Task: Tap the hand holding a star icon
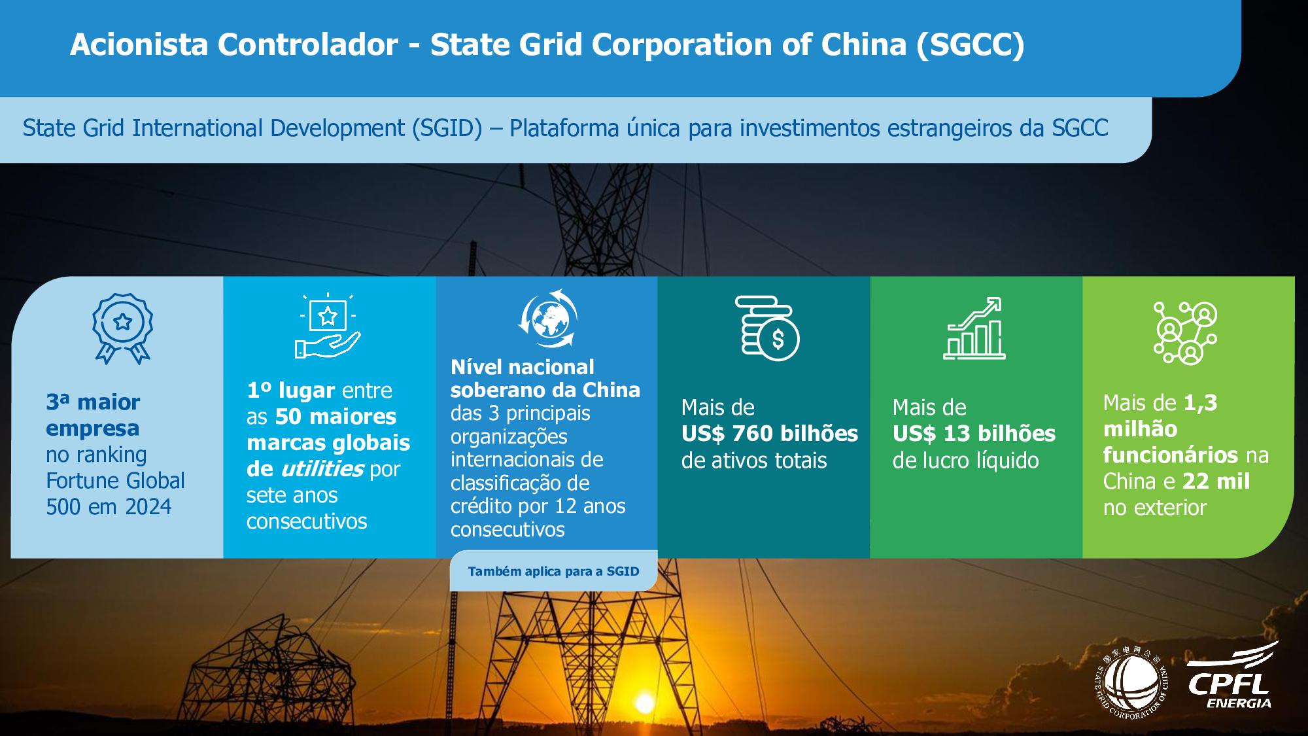[x=328, y=326]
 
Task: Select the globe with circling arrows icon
[x=547, y=318]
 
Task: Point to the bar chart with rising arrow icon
[x=974, y=328]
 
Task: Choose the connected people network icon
[x=1184, y=332]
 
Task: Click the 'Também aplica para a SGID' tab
[x=553, y=571]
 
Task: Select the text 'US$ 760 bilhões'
[x=769, y=433]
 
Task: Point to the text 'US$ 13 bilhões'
[x=974, y=433]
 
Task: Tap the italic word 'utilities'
[x=322, y=468]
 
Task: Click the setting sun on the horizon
[x=645, y=704]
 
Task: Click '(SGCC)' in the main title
[x=970, y=45]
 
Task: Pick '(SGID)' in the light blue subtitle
[x=447, y=128]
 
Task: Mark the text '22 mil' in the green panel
[x=1216, y=481]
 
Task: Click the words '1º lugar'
[x=291, y=391]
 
